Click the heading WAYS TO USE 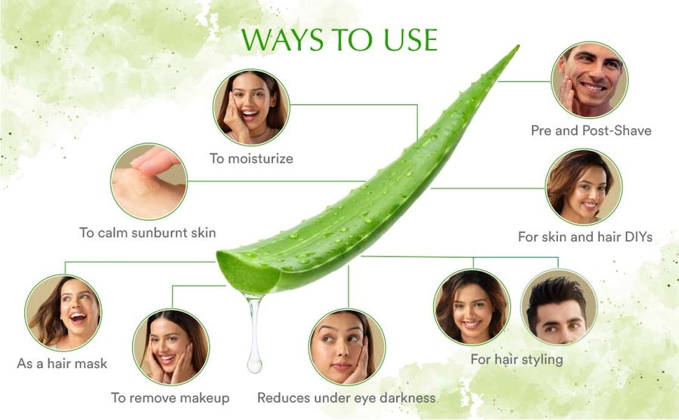point(339,40)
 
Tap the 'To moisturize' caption point(251,158)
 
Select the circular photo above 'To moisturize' point(251,107)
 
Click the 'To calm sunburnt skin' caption point(148,232)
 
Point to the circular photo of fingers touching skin point(149,182)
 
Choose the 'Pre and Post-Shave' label point(591,130)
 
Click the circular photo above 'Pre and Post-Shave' point(589,80)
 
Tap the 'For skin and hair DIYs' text point(585,237)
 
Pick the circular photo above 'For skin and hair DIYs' point(584,187)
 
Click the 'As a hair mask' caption point(62,363)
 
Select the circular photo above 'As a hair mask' point(63,313)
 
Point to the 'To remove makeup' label point(171,397)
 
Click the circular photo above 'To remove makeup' point(171,347)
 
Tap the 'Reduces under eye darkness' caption point(346,397)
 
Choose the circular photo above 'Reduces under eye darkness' point(347,347)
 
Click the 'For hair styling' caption point(517,360)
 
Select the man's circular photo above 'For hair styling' point(558,307)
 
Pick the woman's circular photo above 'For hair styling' point(472,307)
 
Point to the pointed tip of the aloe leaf point(518,46)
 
